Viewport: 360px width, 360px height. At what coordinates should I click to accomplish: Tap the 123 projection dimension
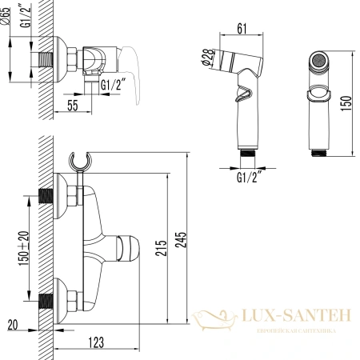97,343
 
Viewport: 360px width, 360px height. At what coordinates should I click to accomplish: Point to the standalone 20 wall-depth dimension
12,324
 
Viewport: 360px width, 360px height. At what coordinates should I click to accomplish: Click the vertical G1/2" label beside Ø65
25,17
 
